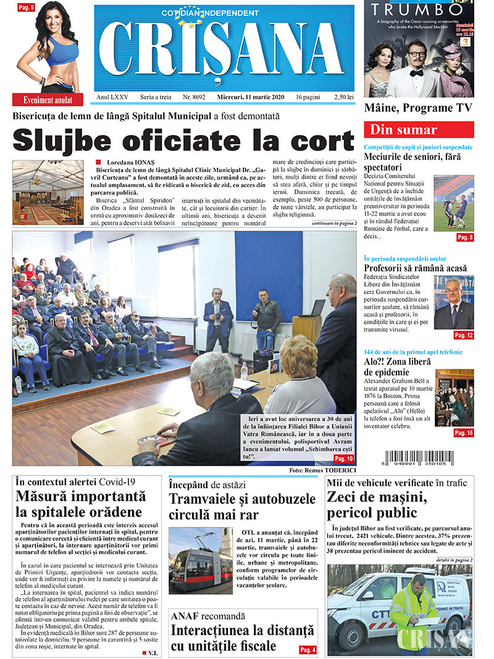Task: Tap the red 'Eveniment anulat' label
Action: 48,99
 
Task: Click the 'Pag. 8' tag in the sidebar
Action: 464,237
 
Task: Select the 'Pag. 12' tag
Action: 463,335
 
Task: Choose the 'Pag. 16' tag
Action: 463,433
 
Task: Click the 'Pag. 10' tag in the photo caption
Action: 343,459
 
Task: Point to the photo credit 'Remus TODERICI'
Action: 335,470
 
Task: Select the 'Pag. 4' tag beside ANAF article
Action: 308,649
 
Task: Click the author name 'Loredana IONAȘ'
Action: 127,162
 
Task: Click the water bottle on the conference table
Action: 245,370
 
